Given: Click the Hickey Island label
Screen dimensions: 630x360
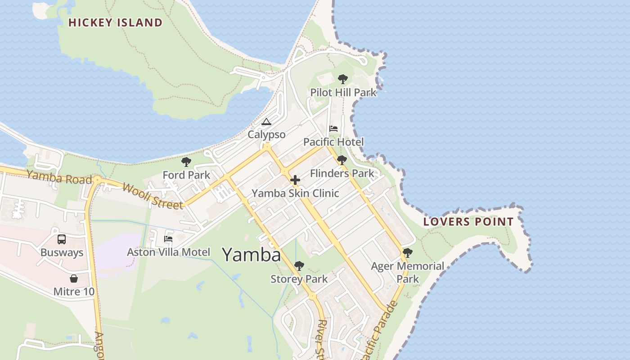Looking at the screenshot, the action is (x=115, y=22).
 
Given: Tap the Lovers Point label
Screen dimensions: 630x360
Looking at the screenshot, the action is (x=468, y=221).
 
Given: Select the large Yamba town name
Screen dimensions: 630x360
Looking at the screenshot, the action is (x=252, y=255).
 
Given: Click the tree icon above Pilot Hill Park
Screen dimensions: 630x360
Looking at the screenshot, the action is (x=343, y=80).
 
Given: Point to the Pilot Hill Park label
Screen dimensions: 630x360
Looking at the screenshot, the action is (x=343, y=93).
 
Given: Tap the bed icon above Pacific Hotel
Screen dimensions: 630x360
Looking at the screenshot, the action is (x=333, y=129).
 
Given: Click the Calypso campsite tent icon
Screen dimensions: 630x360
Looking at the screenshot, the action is (x=266, y=122).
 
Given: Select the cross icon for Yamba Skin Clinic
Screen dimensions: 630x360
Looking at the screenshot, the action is (x=295, y=180).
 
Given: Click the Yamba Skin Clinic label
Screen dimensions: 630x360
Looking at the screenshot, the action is (x=295, y=193).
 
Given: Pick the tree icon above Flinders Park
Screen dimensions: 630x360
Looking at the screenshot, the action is (x=342, y=160).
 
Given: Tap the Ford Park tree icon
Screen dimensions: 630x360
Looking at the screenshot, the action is (x=186, y=162).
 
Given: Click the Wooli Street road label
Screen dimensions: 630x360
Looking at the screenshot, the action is (x=153, y=196).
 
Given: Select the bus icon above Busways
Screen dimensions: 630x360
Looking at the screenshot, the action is (x=62, y=239).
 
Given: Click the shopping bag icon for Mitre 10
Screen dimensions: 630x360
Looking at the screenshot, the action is (x=74, y=279).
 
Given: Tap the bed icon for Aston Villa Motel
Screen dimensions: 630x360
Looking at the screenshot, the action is (x=168, y=239).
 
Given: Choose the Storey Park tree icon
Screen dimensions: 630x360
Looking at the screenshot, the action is (x=299, y=266).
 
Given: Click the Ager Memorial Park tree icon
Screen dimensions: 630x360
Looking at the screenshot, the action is (x=408, y=253).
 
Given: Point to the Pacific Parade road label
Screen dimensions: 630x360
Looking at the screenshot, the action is (x=381, y=330).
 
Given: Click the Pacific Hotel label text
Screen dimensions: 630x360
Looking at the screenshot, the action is (x=333, y=142).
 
